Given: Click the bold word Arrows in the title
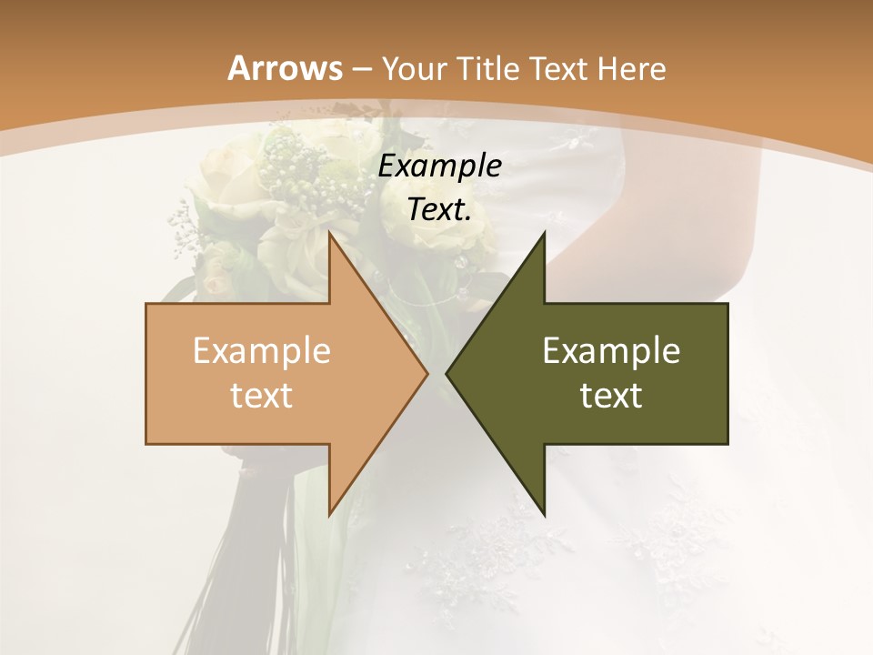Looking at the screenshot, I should click(285, 68).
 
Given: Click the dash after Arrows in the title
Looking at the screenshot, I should click(361, 69).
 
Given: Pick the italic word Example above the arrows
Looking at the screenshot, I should click(440, 166).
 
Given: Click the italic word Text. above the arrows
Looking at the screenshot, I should click(440, 210).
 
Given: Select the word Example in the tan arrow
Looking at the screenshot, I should click(262, 351).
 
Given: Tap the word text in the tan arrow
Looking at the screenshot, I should click(262, 396).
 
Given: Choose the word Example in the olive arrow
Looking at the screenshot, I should click(611, 351).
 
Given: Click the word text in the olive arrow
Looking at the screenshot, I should click(611, 396).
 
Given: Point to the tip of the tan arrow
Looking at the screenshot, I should click(427, 373).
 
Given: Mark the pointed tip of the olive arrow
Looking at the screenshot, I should click(447, 373).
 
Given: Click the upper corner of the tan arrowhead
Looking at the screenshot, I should click(329, 232).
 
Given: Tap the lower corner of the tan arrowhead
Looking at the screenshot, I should click(329, 515).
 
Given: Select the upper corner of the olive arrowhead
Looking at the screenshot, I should click(544, 232).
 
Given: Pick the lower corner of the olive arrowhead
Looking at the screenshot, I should click(544, 515).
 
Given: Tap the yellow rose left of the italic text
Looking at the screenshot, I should click(223, 177).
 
